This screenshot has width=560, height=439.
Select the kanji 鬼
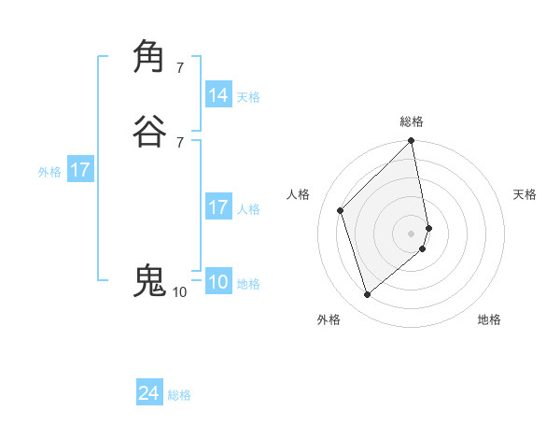pos(150,280)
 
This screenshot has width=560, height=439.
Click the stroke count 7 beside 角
pos(180,67)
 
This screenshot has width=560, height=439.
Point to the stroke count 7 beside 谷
pos(180,143)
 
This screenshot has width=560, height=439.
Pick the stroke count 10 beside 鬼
pos(179,292)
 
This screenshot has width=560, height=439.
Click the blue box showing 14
pos(218,95)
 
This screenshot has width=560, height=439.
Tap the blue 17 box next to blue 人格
pos(218,207)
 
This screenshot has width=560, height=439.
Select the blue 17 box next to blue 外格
pos(80,171)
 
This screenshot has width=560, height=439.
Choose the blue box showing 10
pos(218,282)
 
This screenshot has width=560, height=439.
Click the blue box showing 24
pos(149,393)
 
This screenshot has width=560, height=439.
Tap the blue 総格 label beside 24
pos(179,395)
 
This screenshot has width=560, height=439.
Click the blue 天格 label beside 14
pos(248,97)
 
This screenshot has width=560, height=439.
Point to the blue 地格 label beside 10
pos(248,284)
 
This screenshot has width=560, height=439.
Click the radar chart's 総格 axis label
pos(412,121)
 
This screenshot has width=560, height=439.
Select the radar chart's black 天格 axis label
pos(525,194)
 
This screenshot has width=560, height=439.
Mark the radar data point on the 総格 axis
pos(412,142)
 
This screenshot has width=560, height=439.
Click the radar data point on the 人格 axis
pos(341,210)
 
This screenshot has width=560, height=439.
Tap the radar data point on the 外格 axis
pos(368,295)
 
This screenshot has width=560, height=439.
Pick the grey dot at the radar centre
pos(412,233)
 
